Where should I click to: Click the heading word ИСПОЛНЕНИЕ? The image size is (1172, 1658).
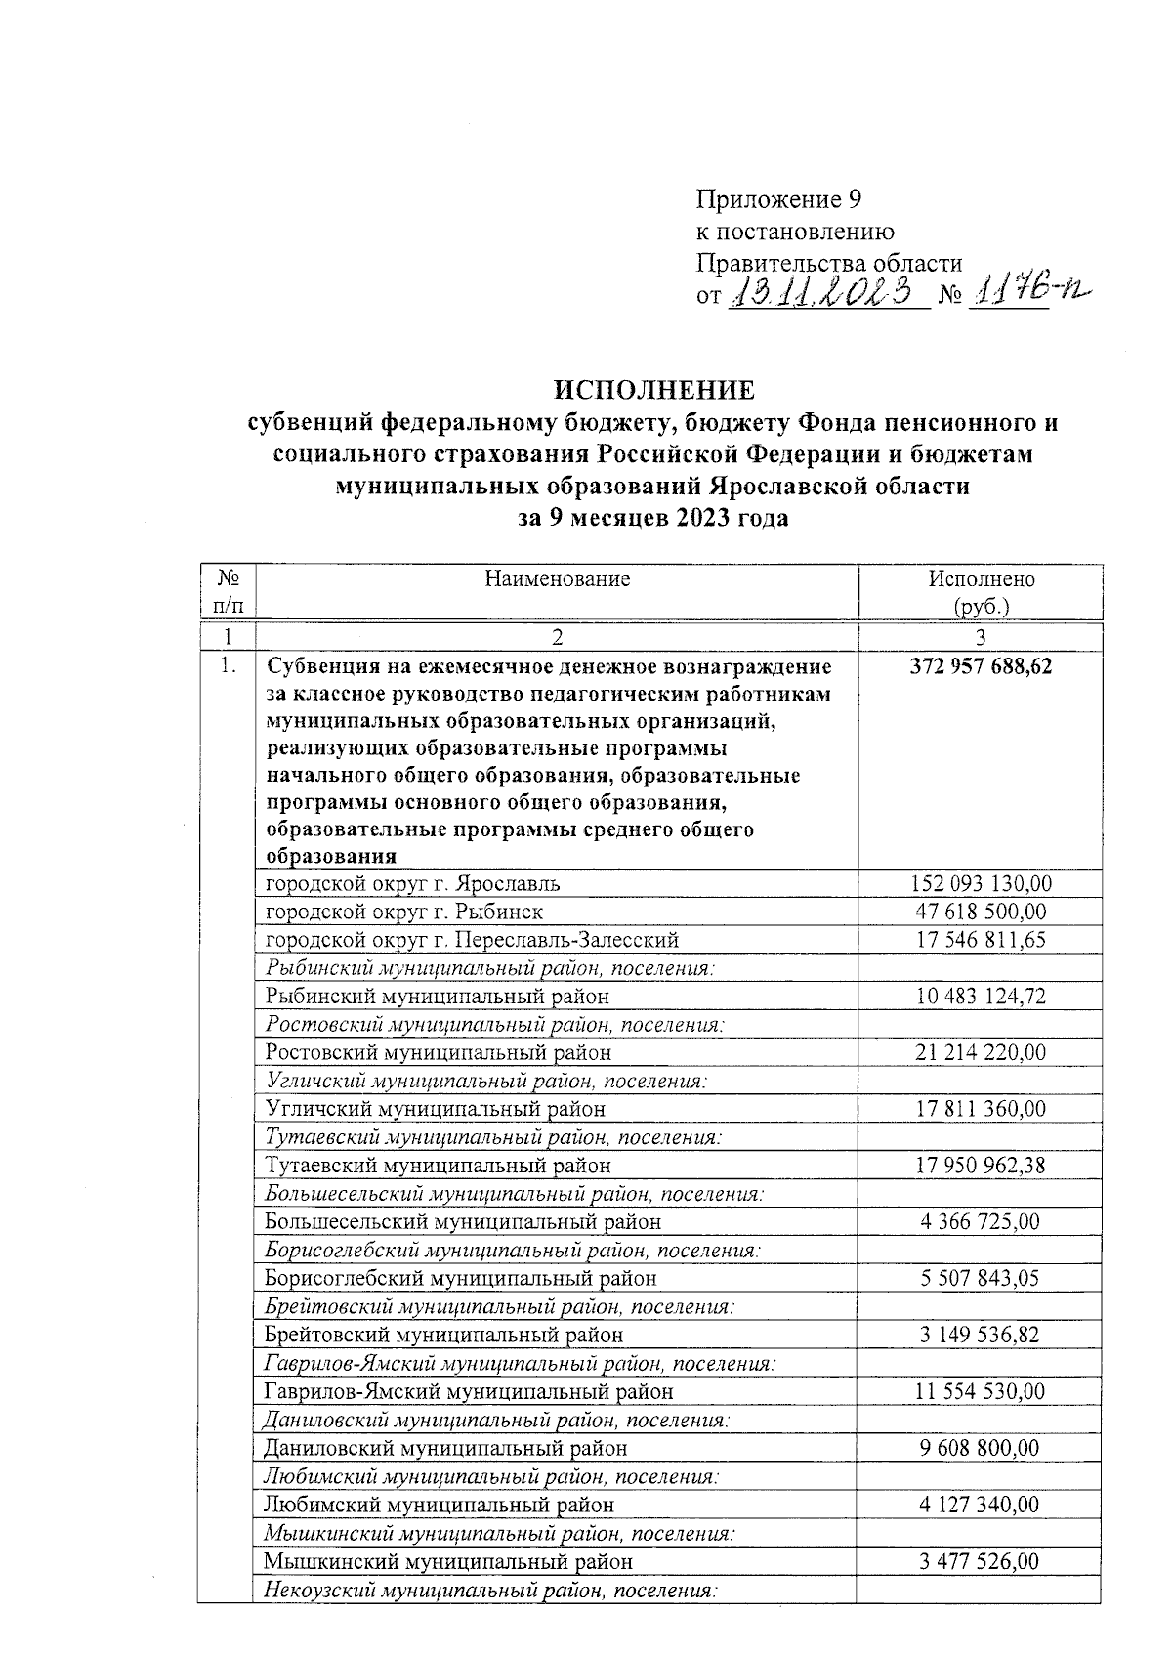coord(654,390)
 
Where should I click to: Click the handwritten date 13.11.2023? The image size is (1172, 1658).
coord(825,291)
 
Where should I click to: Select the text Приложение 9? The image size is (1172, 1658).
coord(779,200)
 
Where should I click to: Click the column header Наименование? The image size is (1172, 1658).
coord(557,578)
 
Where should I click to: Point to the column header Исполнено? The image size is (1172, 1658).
coord(981,578)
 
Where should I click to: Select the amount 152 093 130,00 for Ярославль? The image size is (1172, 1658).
coord(981,884)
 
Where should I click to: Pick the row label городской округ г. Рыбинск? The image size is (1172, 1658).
coord(404,912)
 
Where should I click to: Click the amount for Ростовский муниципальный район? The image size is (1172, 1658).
coord(981,1053)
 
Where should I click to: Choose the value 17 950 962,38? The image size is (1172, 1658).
coord(981,1166)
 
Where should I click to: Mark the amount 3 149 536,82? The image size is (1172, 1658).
coord(981,1335)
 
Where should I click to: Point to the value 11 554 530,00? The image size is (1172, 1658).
coord(981,1391)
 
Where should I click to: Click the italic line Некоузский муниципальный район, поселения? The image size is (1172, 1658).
coord(491,1591)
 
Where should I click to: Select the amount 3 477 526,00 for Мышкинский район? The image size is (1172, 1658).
coord(981,1561)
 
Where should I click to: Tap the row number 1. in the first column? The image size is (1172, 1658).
coord(227,667)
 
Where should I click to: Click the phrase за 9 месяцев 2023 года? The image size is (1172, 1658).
coord(652,519)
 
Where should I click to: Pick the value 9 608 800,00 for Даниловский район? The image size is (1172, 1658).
coord(981,1448)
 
